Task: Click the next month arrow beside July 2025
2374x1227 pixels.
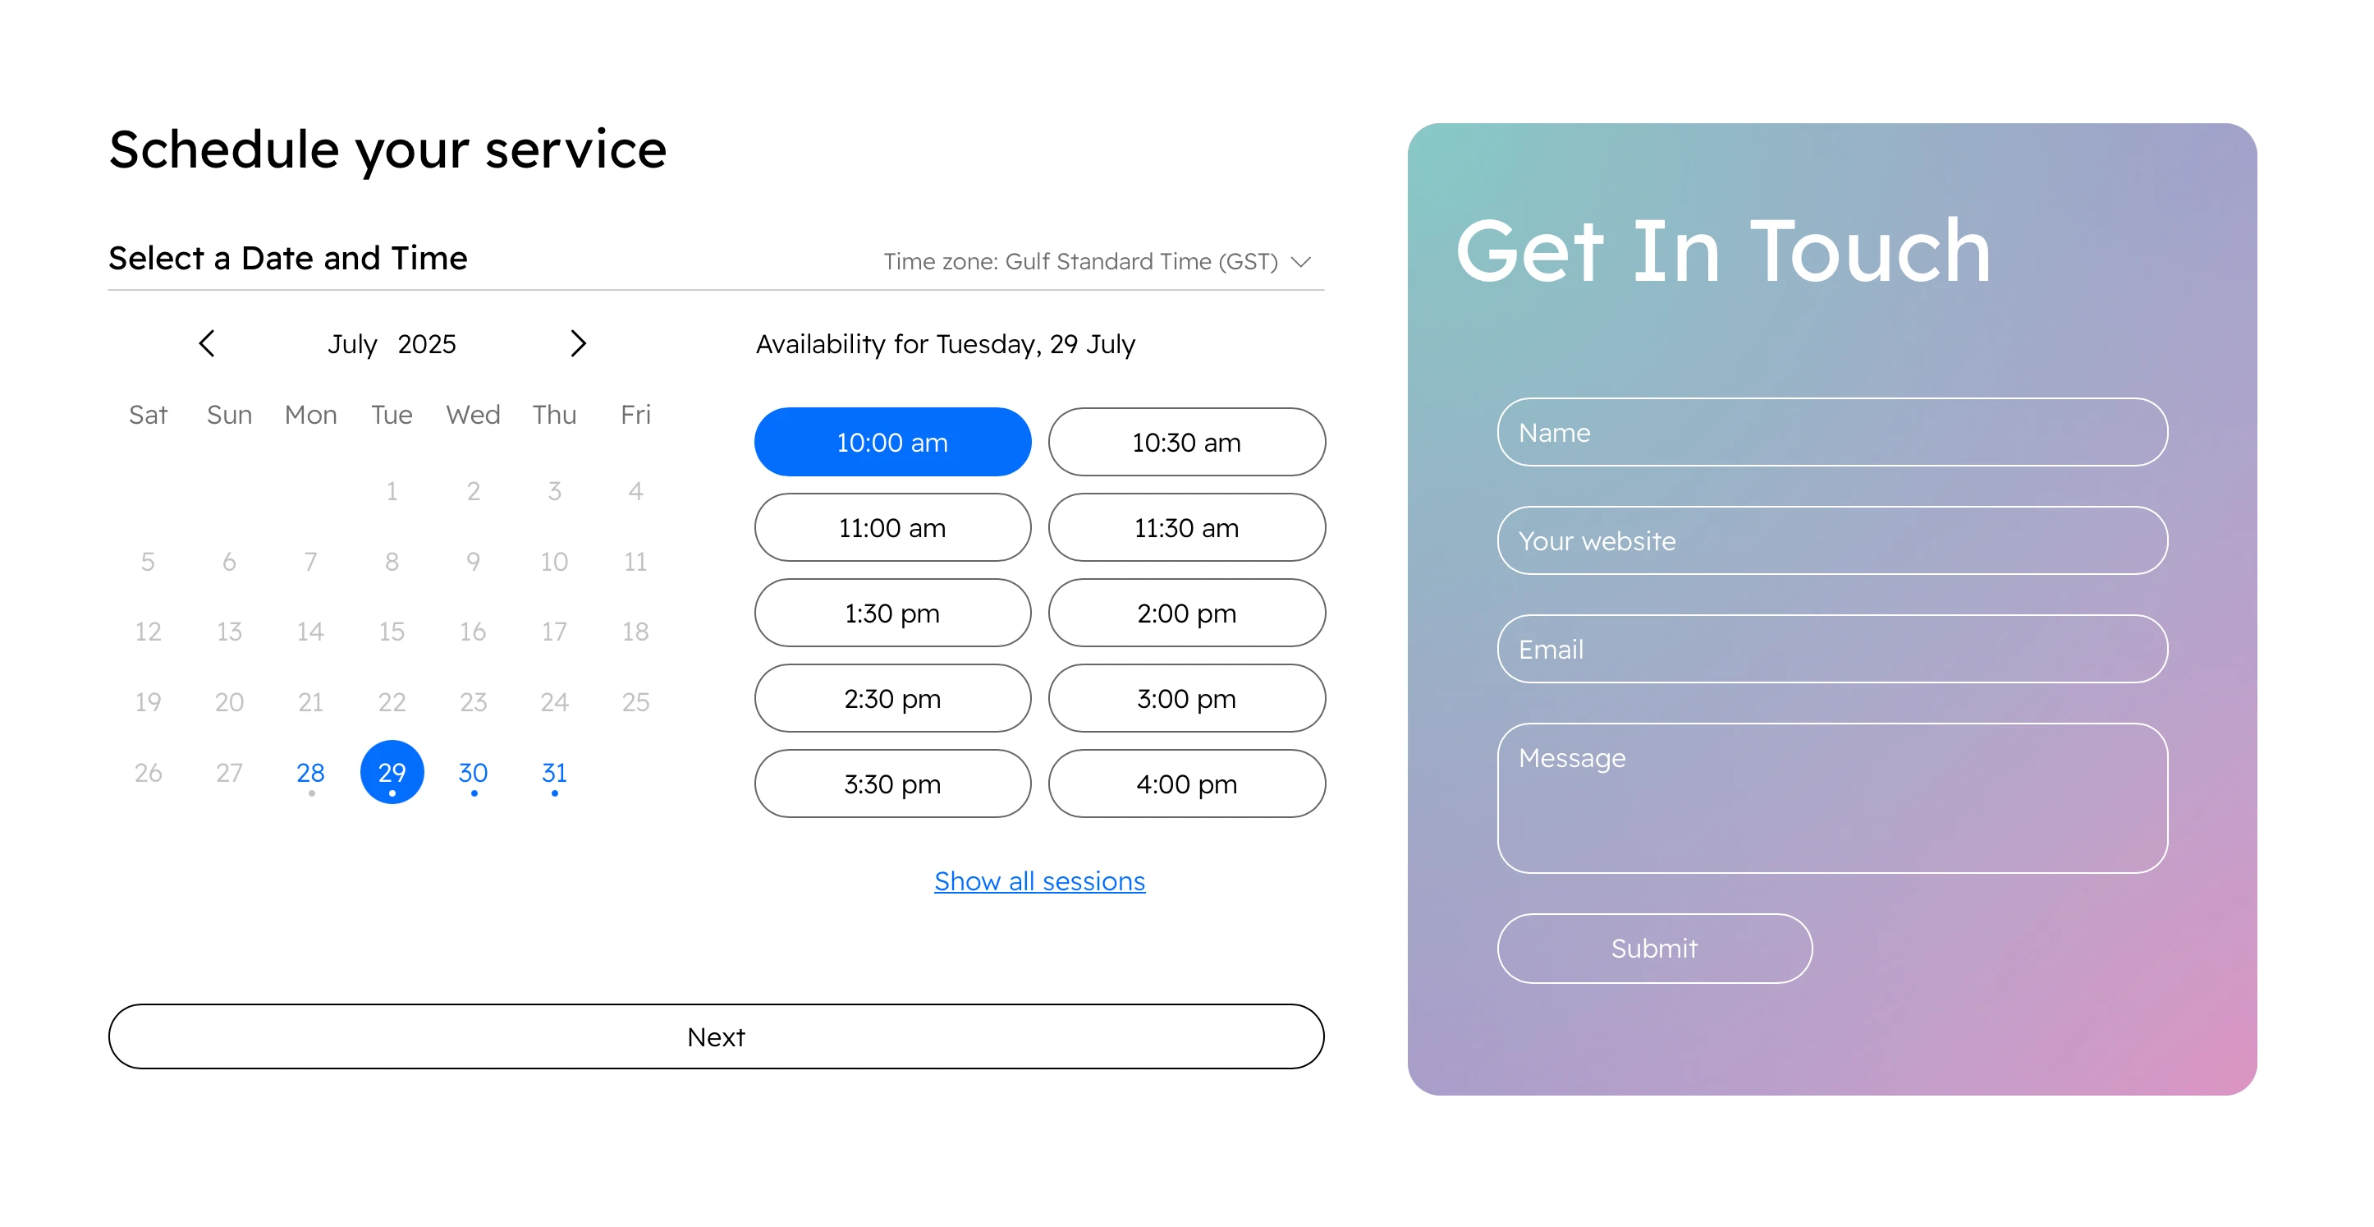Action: click(x=578, y=344)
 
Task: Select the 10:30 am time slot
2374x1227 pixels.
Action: click(x=1186, y=443)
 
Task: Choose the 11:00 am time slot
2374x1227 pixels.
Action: click(x=892, y=527)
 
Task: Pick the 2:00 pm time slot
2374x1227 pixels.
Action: click(x=1186, y=613)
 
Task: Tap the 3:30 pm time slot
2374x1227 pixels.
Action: click(x=892, y=784)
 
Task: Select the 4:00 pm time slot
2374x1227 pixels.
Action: click(x=1186, y=784)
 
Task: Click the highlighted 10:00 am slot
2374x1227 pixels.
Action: click(x=892, y=443)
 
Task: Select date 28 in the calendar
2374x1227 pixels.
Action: click(x=310, y=773)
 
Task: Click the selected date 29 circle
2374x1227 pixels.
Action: click(x=392, y=773)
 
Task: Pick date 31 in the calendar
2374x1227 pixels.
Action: click(x=554, y=773)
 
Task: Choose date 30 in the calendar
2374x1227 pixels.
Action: click(x=473, y=773)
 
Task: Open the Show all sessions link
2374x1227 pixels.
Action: click(x=1039, y=881)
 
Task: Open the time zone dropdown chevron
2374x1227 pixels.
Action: click(x=1300, y=263)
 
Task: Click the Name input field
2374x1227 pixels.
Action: click(x=1832, y=432)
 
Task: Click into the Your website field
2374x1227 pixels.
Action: click(x=1832, y=541)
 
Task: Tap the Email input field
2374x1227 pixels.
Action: click(x=1832, y=649)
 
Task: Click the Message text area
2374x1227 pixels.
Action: click(x=1832, y=798)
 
